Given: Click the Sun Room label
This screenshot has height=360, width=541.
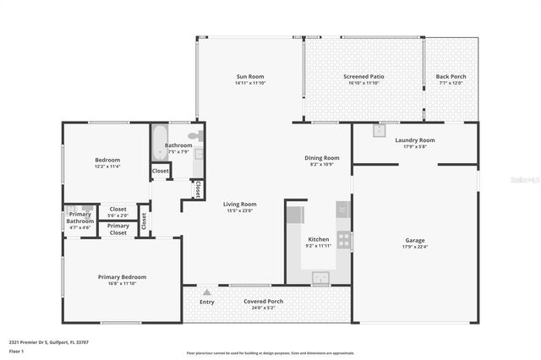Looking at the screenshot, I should coord(250,77).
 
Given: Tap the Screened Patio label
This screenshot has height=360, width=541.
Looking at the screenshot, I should coord(363,77).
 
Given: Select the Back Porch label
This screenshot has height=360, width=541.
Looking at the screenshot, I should coord(451,77).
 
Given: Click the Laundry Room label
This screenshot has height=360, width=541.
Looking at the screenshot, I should coord(415,139).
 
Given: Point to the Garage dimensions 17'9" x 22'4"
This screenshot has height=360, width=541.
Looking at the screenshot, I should coord(415,247).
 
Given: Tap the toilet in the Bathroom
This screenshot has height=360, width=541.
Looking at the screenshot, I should coord(194,135).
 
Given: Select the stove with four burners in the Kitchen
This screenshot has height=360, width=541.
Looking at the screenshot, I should coord(344,239).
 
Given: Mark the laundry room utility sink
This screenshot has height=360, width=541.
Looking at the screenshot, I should coord(380,130).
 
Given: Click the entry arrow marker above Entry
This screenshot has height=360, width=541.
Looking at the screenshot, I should coord(206,292).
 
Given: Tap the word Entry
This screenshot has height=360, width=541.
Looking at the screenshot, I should coord(206,302).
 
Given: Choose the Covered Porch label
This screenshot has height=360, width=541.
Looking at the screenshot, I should coord(264,301).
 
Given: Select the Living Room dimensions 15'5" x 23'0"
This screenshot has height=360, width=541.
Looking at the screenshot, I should coord(239,210).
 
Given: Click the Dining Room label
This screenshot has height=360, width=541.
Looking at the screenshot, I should coord(322,157).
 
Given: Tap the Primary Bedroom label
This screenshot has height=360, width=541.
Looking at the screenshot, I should coord(122,276).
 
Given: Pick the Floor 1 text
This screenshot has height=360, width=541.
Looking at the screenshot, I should coord(16,350).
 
